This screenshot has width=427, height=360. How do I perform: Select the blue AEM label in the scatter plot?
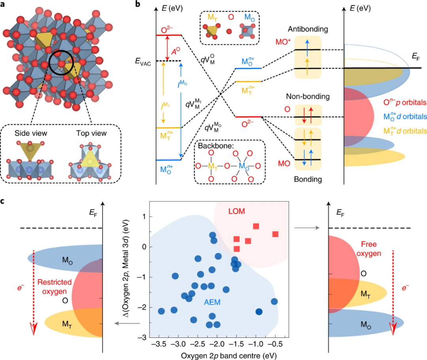click(x=212, y=302)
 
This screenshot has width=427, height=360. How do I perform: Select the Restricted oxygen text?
click(x=55, y=287)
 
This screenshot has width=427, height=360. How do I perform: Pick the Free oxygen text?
click(x=371, y=249)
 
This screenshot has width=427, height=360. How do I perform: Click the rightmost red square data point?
click(x=276, y=234)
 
